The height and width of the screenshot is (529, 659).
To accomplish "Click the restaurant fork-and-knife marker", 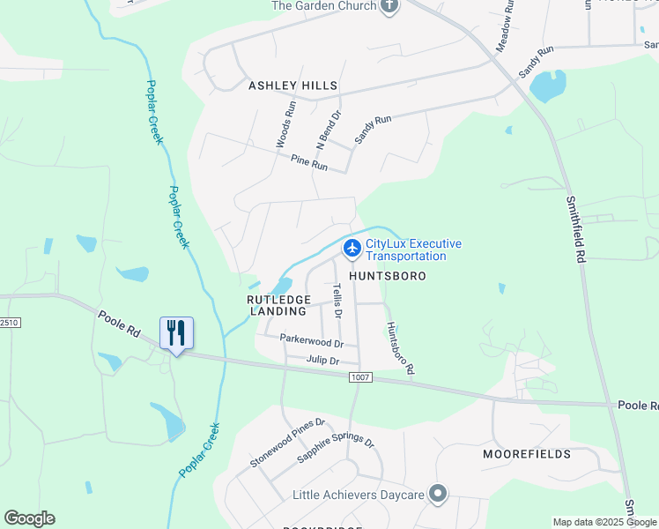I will (x=176, y=332).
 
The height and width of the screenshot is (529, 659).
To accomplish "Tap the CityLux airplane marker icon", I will (x=352, y=249).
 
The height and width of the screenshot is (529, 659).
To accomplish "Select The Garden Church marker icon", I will (x=389, y=5).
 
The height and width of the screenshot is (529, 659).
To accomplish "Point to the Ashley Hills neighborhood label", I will (x=293, y=86).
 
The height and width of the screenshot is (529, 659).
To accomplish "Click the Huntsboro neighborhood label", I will (x=388, y=276).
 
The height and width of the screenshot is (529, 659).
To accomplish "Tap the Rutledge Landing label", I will (x=278, y=305).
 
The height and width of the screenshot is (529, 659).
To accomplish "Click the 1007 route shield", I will (x=360, y=377).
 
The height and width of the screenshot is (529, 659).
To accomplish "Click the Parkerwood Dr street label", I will (x=311, y=339).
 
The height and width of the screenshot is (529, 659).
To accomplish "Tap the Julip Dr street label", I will (x=323, y=360).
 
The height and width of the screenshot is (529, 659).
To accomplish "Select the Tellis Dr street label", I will (x=337, y=301).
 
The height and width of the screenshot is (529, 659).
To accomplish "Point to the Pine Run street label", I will (x=308, y=163).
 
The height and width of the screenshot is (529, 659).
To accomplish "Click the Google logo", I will (x=29, y=518).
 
